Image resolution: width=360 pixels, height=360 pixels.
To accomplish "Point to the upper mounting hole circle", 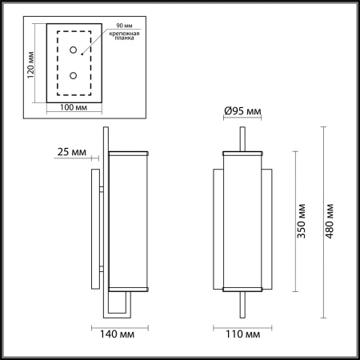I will coord(74,50).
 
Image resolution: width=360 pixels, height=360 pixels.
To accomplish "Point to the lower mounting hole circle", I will coord(74,76).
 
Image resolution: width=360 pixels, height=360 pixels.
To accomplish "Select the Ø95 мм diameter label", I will coord(242,112).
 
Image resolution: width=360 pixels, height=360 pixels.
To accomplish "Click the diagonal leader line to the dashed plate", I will coord(93,48).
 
